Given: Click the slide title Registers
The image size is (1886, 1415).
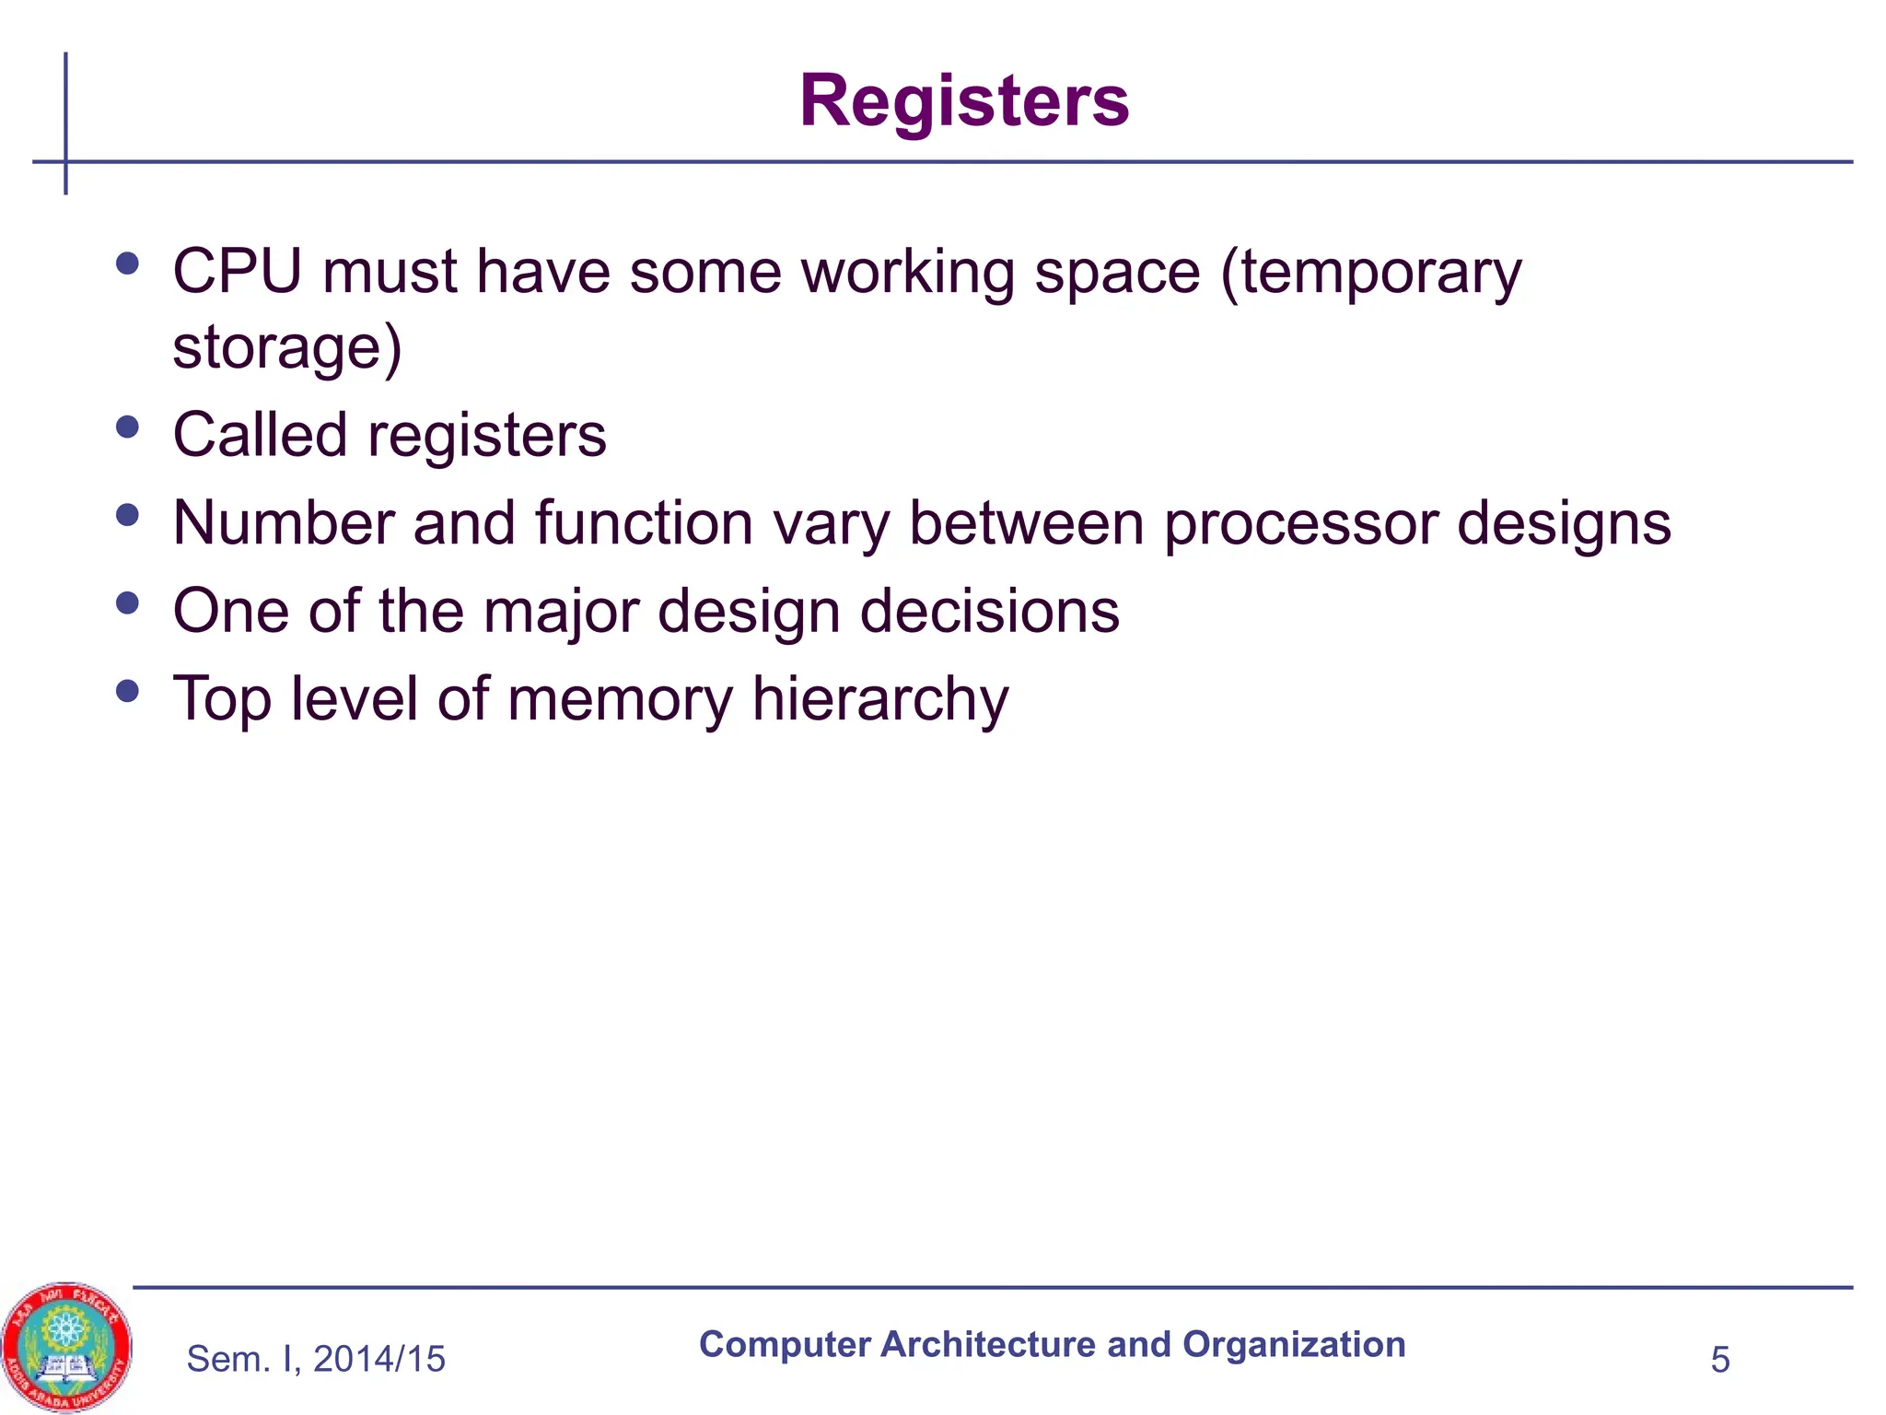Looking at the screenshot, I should [963, 100].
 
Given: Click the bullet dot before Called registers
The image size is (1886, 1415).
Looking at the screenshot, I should [128, 427].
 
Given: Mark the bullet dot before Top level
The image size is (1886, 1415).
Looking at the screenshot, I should [128, 691].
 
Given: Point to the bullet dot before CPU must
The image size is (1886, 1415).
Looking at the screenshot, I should [128, 264].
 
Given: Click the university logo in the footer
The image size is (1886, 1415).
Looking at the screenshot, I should [66, 1346].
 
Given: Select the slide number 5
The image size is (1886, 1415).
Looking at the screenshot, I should [1719, 1360].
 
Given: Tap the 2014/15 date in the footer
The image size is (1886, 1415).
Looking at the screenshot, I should [378, 1359].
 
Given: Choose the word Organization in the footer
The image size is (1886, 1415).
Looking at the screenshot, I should [1294, 1345].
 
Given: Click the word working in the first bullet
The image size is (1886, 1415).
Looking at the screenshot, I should [908, 274].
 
